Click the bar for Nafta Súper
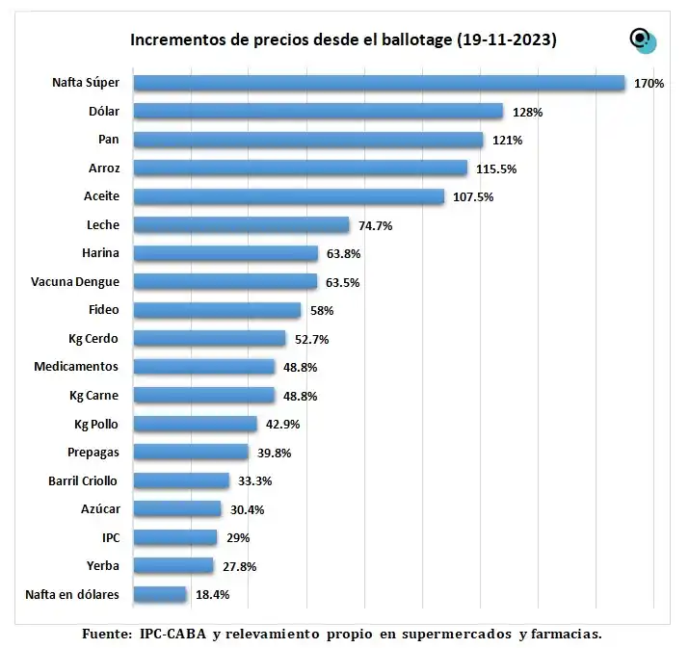point(379,83)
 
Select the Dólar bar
point(318,111)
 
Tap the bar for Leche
point(241,224)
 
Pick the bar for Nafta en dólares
point(159,594)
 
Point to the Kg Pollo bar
point(195,424)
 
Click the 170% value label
point(649,84)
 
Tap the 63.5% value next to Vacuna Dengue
point(345,283)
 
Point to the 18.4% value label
point(212,595)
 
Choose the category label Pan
point(108,140)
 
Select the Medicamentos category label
point(76,367)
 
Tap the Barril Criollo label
point(83,480)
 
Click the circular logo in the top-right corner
point(642,39)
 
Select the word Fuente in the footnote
point(104,634)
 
